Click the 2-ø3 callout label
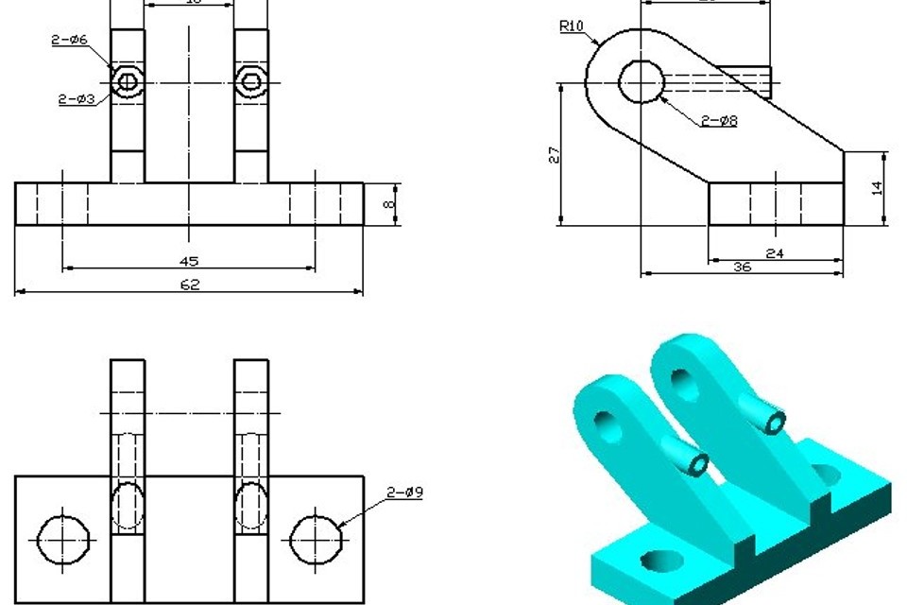click(x=76, y=98)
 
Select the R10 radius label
click(x=571, y=26)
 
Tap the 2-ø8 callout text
click(x=719, y=120)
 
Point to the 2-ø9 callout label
click(x=404, y=493)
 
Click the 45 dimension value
click(x=189, y=261)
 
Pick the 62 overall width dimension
click(x=189, y=285)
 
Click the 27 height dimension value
click(x=555, y=155)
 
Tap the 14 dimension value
click(x=877, y=188)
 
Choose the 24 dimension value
click(x=775, y=253)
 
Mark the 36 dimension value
click(x=742, y=268)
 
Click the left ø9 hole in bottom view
click(x=64, y=539)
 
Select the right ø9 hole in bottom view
click(x=316, y=539)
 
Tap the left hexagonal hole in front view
click(x=128, y=81)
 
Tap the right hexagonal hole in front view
click(x=250, y=81)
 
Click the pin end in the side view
click(x=766, y=81)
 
